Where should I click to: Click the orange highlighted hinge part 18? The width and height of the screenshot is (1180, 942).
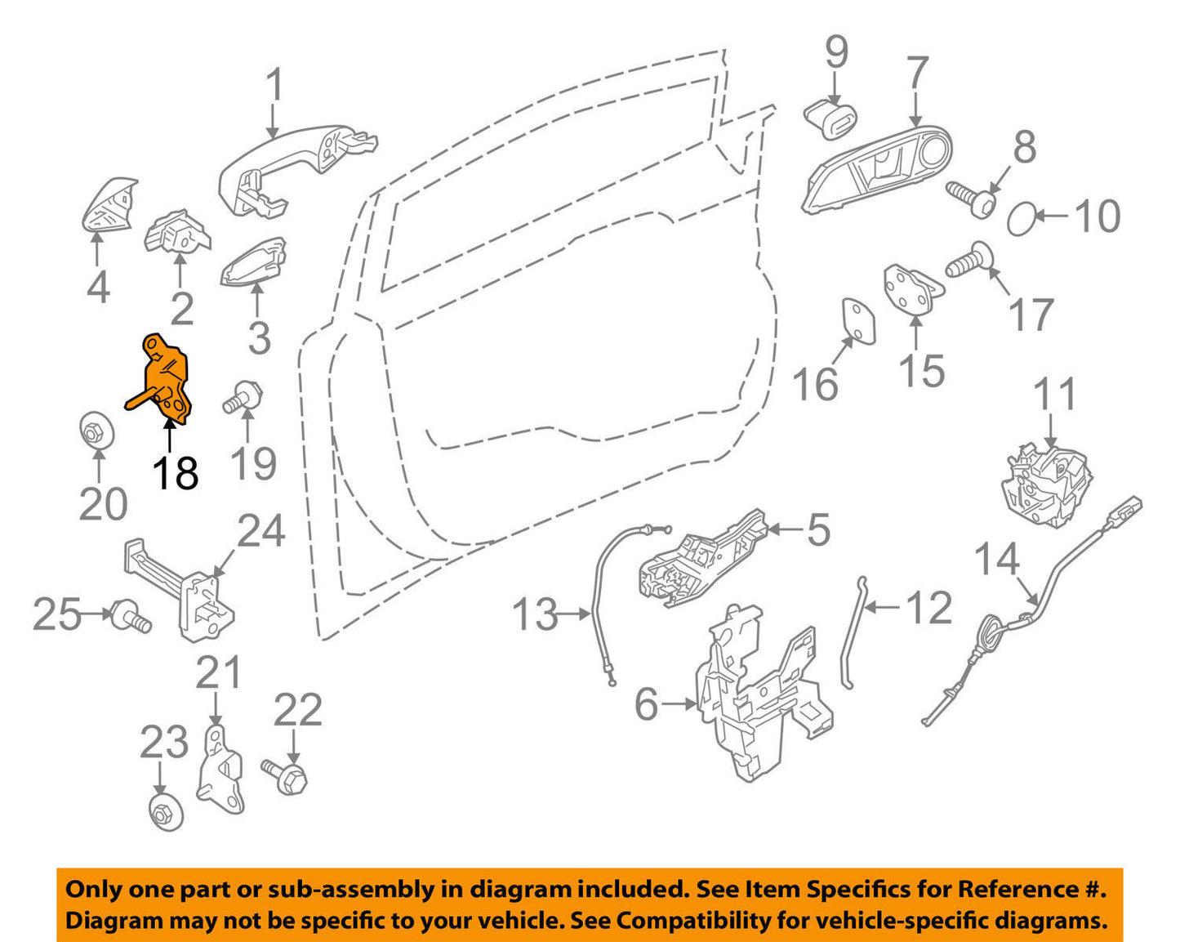[x=167, y=381]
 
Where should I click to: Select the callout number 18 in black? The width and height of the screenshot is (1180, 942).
[x=176, y=473]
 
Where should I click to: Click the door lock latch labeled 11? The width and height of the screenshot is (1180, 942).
[x=1047, y=484]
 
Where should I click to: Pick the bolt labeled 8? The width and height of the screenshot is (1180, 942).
[x=972, y=197]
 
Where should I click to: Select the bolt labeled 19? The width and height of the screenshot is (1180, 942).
[x=241, y=398]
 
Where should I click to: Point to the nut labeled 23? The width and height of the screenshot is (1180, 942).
[x=166, y=812]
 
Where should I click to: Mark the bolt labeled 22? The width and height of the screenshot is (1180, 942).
[x=286, y=775]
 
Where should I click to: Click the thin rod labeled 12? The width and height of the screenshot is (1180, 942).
[x=852, y=633]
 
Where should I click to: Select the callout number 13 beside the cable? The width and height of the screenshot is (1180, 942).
[x=535, y=614]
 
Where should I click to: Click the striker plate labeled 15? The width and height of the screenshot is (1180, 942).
[x=911, y=291]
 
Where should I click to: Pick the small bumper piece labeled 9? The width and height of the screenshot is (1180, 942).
[x=831, y=118]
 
